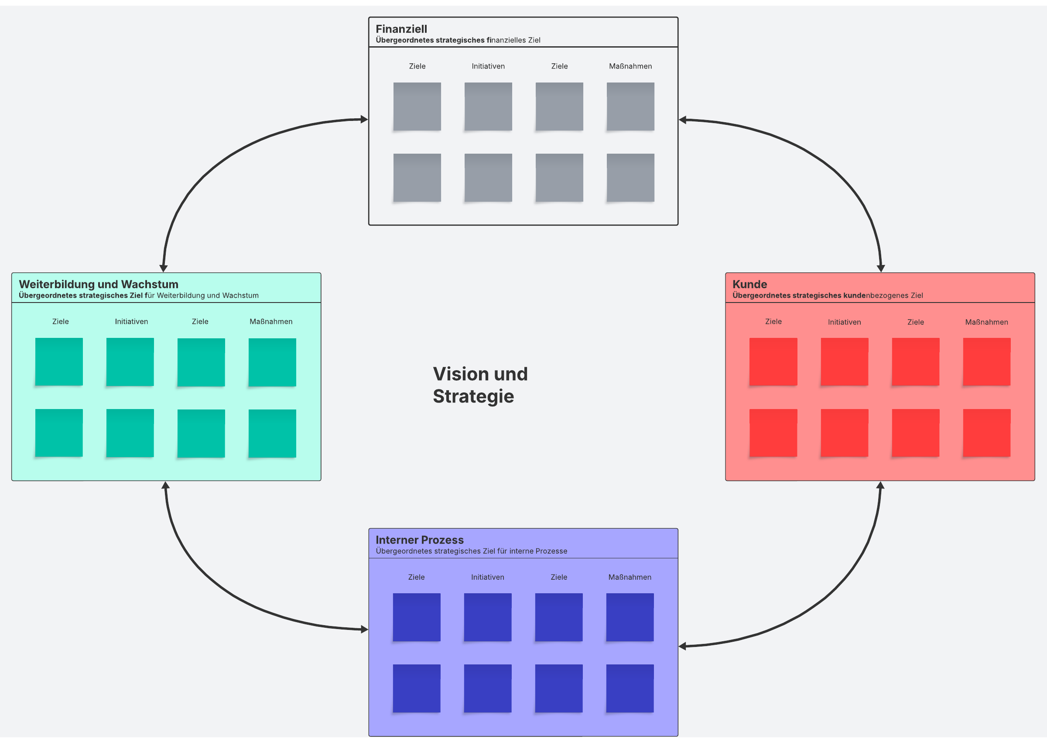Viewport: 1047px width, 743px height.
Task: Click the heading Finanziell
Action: coord(401,29)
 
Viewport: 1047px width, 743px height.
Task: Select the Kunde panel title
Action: coord(749,284)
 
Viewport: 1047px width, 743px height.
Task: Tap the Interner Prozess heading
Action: coord(419,540)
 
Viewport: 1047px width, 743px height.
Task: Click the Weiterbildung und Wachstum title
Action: coord(98,284)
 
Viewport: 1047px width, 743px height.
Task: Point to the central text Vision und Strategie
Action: coord(479,385)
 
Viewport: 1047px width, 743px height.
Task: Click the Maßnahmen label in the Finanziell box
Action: coord(630,66)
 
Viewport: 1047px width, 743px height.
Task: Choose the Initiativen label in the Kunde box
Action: coord(844,322)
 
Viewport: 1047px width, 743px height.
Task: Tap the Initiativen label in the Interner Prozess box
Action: coord(487,578)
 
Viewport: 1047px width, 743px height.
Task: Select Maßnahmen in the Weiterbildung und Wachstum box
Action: coord(270,322)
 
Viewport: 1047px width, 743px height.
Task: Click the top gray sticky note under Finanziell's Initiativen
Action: coord(488,107)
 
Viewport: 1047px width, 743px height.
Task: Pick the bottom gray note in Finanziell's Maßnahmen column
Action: coord(630,178)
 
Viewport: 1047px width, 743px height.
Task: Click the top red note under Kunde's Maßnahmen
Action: coord(986,362)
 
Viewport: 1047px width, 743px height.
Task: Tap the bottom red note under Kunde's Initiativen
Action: coord(844,433)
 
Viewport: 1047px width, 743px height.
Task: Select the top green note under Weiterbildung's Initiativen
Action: coord(130,362)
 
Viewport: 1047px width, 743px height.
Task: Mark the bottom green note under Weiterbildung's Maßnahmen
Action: coord(272,433)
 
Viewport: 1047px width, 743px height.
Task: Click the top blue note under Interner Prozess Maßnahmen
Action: coord(630,617)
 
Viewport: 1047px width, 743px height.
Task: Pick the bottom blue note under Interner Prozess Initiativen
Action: coord(487,688)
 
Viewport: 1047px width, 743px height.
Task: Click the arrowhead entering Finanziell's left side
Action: coord(364,120)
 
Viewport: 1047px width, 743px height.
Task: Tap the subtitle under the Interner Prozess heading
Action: coord(471,551)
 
